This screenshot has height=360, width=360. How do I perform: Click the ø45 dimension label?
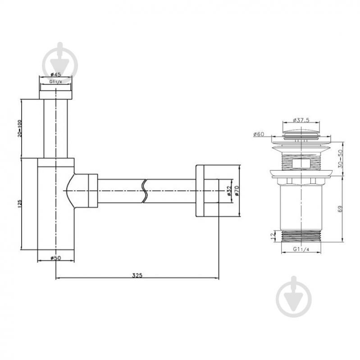click(x=55, y=74)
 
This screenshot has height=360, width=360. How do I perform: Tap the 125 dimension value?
click(x=19, y=203)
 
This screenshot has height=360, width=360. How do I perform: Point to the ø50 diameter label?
click(x=56, y=258)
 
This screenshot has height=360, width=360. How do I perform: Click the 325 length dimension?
click(x=137, y=275)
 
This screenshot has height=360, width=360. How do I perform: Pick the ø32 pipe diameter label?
click(x=228, y=191)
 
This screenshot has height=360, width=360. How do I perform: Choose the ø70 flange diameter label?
click(x=237, y=191)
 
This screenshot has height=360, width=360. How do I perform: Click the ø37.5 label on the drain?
click(x=301, y=120)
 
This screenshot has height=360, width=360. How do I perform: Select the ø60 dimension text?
click(x=259, y=134)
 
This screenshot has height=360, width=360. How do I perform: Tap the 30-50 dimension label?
click(x=340, y=159)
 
